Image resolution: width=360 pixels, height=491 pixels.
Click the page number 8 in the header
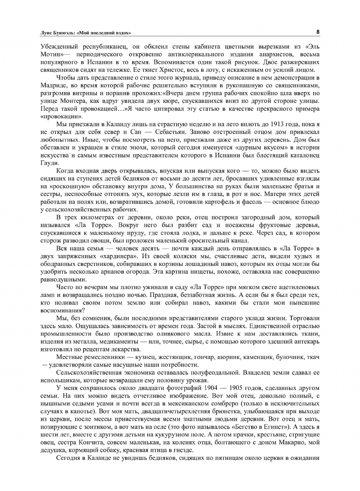(x=318, y=32)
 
